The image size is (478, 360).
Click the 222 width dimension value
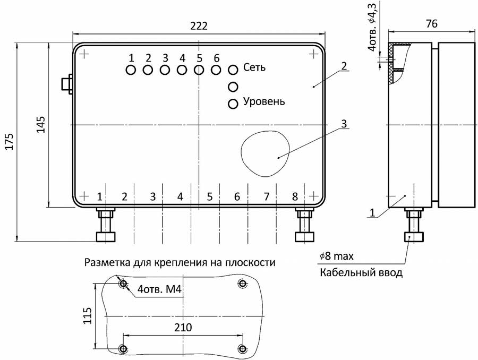point(199,26)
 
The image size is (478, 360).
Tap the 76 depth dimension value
point(432,23)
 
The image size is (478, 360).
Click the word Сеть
point(254,68)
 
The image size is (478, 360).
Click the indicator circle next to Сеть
point(233,70)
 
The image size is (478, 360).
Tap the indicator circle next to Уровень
point(233,104)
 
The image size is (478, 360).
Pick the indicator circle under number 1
point(131,70)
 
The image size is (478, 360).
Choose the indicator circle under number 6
point(216,70)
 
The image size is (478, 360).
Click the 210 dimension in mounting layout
point(183,327)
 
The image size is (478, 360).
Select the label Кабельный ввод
point(361,273)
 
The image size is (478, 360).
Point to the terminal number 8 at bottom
point(295,196)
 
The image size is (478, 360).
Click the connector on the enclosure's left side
point(66,84)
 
